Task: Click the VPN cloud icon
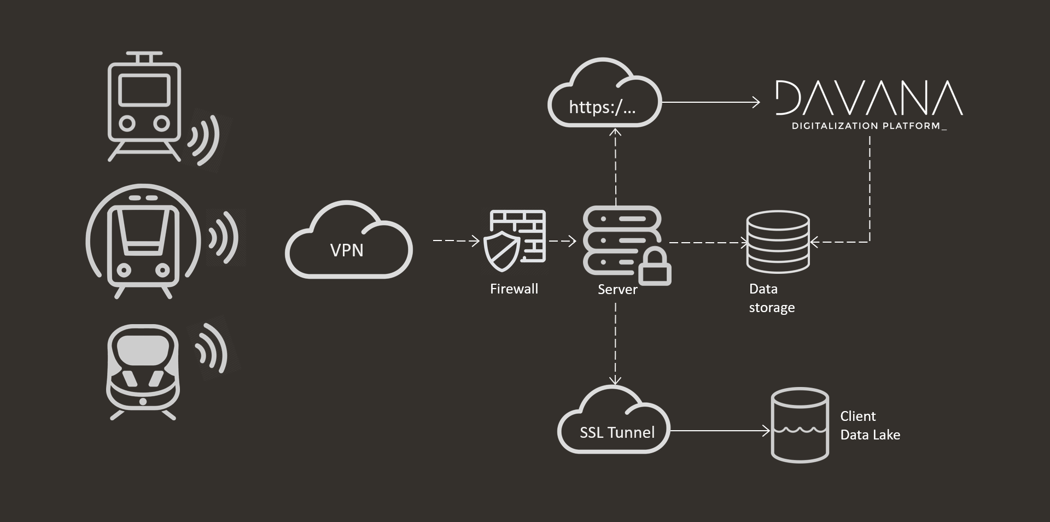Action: tap(348, 241)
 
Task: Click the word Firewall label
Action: tap(514, 289)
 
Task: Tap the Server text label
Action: tap(617, 290)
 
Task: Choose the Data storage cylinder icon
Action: tap(778, 242)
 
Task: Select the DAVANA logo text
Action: tap(869, 99)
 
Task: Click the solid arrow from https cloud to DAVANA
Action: tap(711, 102)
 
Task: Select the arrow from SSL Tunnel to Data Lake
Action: tap(720, 431)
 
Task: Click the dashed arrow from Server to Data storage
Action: tap(708, 242)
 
